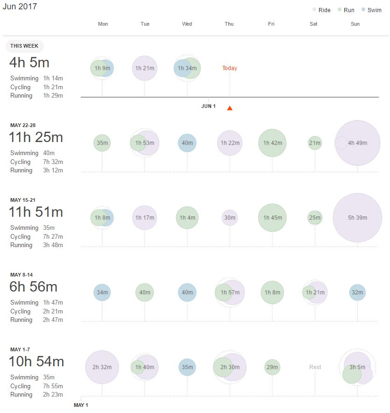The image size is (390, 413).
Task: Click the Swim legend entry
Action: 371,10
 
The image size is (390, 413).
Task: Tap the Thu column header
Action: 229,24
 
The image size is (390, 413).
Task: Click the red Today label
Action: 229,68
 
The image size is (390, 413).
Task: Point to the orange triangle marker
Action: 229,108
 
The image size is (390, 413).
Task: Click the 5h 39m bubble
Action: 357,218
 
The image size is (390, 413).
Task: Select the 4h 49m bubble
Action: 358,143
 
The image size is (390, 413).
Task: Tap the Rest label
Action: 315,367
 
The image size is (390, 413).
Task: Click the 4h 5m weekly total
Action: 29,63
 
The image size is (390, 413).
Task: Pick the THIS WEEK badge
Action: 25,46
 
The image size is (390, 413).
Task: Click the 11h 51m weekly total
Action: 35,212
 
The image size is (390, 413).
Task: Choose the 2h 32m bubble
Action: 102,367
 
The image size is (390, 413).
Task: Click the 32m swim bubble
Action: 357,292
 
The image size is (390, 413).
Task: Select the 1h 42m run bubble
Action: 272,143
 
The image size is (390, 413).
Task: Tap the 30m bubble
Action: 230,218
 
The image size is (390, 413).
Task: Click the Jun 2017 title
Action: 20,7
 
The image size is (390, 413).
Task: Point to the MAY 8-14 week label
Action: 21,275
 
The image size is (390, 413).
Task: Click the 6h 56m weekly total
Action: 33,287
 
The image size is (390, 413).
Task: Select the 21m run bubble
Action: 315,143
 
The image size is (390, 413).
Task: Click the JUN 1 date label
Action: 208,106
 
